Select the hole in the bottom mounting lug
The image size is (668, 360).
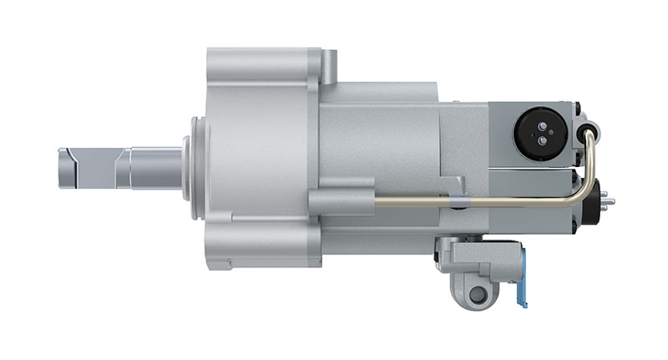pos(477,294)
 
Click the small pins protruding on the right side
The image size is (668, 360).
pos(607,200)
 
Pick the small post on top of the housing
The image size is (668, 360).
pos(330,65)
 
